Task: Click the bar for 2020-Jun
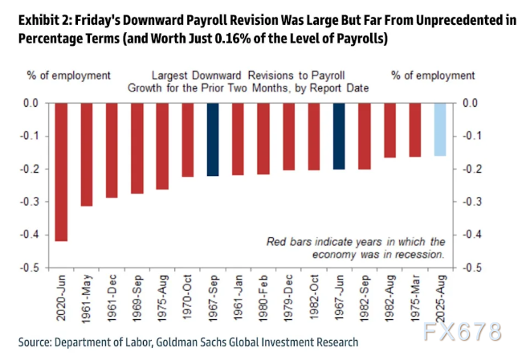[x=61, y=172]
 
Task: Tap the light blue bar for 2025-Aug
[x=440, y=129]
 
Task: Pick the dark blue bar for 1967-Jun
[x=339, y=136]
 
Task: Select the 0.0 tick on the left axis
[x=31, y=103]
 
